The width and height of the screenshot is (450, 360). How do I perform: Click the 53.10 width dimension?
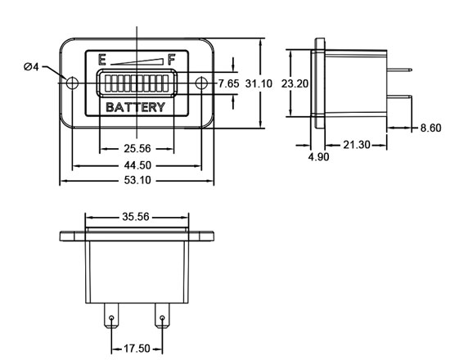pos(137,181)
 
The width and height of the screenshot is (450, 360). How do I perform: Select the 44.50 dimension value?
pos(137,165)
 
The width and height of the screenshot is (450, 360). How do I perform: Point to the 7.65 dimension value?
pos(228,83)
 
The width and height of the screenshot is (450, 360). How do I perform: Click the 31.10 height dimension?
pos(259,83)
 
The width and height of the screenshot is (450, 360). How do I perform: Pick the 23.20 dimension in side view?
pos(295,83)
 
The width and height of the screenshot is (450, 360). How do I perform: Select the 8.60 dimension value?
pos(430,128)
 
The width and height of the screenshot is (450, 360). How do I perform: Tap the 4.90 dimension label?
pos(318,157)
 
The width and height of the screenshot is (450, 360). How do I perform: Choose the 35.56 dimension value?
pos(137,218)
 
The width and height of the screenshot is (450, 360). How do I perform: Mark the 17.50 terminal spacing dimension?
pos(137,348)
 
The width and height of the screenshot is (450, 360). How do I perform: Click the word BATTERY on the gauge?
pos(137,107)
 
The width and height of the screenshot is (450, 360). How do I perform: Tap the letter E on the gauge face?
pos(101,59)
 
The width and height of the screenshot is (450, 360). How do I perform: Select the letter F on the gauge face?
pos(172,59)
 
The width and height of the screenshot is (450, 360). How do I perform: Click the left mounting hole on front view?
pos(72,83)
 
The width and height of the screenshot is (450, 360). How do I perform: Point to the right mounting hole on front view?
pos(201,83)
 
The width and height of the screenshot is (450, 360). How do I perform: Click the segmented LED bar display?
pos(137,83)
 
